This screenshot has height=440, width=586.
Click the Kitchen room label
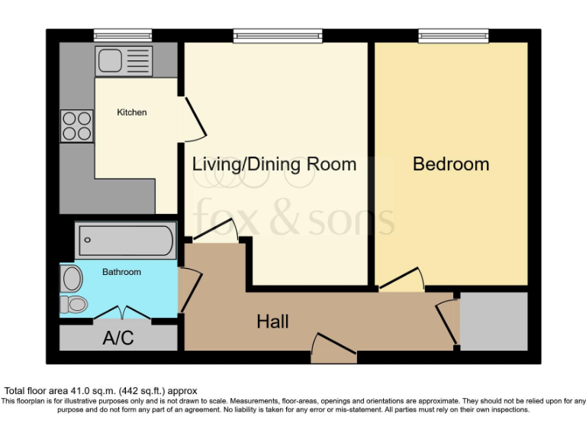click(131, 112)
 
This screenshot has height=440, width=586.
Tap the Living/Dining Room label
click(274, 164)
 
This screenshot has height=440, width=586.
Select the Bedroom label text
click(451, 164)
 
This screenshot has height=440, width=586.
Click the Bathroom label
click(122, 272)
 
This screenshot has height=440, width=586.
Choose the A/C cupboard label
click(118, 338)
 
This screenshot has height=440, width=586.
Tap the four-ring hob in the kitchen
click(77, 126)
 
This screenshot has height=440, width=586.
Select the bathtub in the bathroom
click(126, 241)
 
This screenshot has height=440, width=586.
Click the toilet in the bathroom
click(75, 304)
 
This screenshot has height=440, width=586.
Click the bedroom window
click(453, 35)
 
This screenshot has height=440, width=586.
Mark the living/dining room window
click(277, 35)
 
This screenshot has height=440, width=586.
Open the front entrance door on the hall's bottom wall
click(334, 348)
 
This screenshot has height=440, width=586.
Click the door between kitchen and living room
click(191, 118)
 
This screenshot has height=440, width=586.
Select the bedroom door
click(402, 280)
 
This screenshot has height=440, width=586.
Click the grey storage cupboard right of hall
click(494, 321)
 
